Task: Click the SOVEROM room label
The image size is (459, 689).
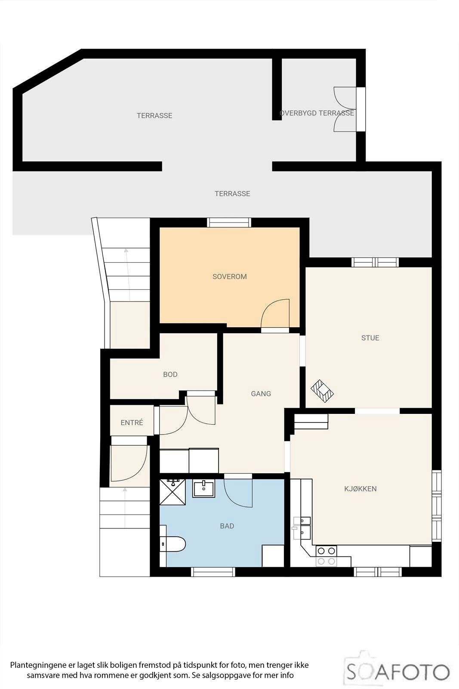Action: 229,276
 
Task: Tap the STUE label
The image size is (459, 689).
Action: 370,338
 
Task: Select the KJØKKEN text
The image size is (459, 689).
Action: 360,488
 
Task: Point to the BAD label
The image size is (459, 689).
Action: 227,526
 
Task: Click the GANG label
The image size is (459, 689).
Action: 261,394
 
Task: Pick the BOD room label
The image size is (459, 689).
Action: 170,374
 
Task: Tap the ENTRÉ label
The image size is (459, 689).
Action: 132,423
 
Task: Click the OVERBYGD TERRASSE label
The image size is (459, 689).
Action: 317,113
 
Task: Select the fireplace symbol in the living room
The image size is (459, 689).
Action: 323,391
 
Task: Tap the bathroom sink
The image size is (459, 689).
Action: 203,489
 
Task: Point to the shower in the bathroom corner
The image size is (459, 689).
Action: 171,491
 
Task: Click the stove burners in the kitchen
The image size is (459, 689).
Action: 326,556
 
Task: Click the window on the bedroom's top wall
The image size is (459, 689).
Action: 229,222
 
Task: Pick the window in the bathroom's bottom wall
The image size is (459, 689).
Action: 213,572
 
